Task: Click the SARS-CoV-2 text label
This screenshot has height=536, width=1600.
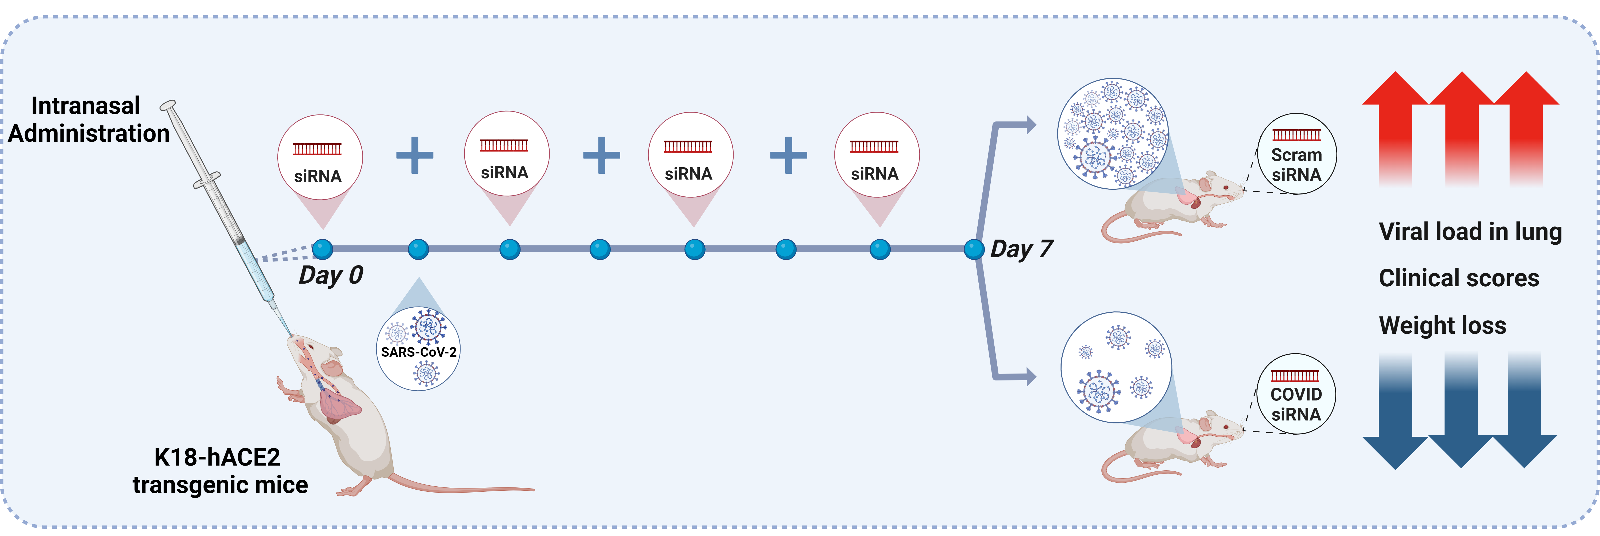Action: click(x=419, y=352)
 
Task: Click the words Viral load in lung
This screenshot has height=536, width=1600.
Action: click(x=1470, y=232)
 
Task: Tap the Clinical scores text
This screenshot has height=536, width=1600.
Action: click(x=1458, y=278)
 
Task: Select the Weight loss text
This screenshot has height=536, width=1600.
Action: click(x=1442, y=325)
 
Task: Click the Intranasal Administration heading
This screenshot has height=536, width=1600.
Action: click(x=88, y=119)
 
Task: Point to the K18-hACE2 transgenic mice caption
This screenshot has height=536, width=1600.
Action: click(x=220, y=471)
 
